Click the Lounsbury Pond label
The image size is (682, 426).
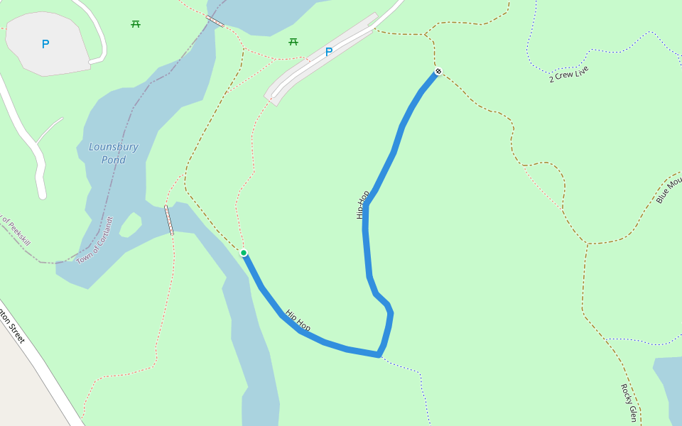click(x=114, y=153)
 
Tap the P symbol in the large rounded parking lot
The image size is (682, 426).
click(x=45, y=44)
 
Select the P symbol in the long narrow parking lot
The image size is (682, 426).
click(x=328, y=52)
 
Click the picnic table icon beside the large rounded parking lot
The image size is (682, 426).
click(x=136, y=24)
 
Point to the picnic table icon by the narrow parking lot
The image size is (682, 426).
click(x=293, y=42)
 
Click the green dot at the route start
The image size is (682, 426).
click(x=244, y=253)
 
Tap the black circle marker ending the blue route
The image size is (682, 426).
click(x=438, y=71)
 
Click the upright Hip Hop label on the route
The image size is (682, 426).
click(x=362, y=204)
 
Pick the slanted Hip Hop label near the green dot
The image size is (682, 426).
click(x=298, y=320)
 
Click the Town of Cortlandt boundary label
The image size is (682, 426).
click(x=95, y=240)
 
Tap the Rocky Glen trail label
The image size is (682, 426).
click(x=629, y=403)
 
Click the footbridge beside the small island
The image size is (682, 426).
click(x=169, y=220)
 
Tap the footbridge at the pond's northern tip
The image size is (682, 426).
click(x=215, y=21)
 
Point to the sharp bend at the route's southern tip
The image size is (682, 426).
click(x=379, y=354)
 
